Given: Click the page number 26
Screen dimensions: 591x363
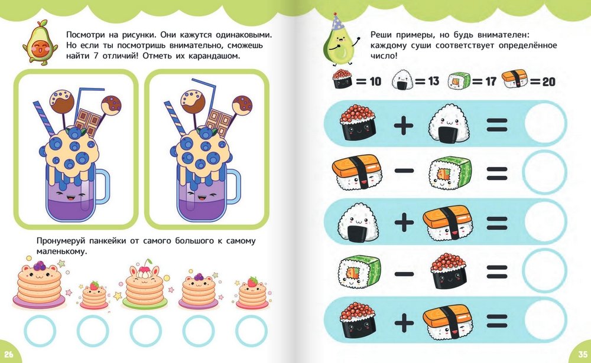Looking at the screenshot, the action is coord(8,354).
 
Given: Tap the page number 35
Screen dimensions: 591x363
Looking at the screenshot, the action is coord(583,354).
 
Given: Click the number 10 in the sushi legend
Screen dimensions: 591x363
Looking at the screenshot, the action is coord(375,81).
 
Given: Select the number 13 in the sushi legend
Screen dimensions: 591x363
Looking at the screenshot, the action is coord(433,81).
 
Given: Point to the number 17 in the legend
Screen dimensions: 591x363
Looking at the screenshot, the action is coord(491,81).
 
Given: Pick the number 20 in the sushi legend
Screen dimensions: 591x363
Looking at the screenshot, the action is coord(549,81).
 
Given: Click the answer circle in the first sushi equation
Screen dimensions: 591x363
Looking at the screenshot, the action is coord(545,123).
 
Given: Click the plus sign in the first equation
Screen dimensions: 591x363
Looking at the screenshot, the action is coord(404,125).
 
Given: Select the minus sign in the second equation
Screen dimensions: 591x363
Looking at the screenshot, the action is coord(404,171).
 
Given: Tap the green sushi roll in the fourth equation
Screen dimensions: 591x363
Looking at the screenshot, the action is coord(359,272).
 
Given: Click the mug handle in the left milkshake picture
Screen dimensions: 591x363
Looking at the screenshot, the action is coord(102,186).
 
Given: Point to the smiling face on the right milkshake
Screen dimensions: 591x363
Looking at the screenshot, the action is coord(203,196).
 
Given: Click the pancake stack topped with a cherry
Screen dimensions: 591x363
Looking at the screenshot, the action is coord(145,284).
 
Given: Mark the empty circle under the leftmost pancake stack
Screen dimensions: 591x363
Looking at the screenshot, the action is coord(40,331).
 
